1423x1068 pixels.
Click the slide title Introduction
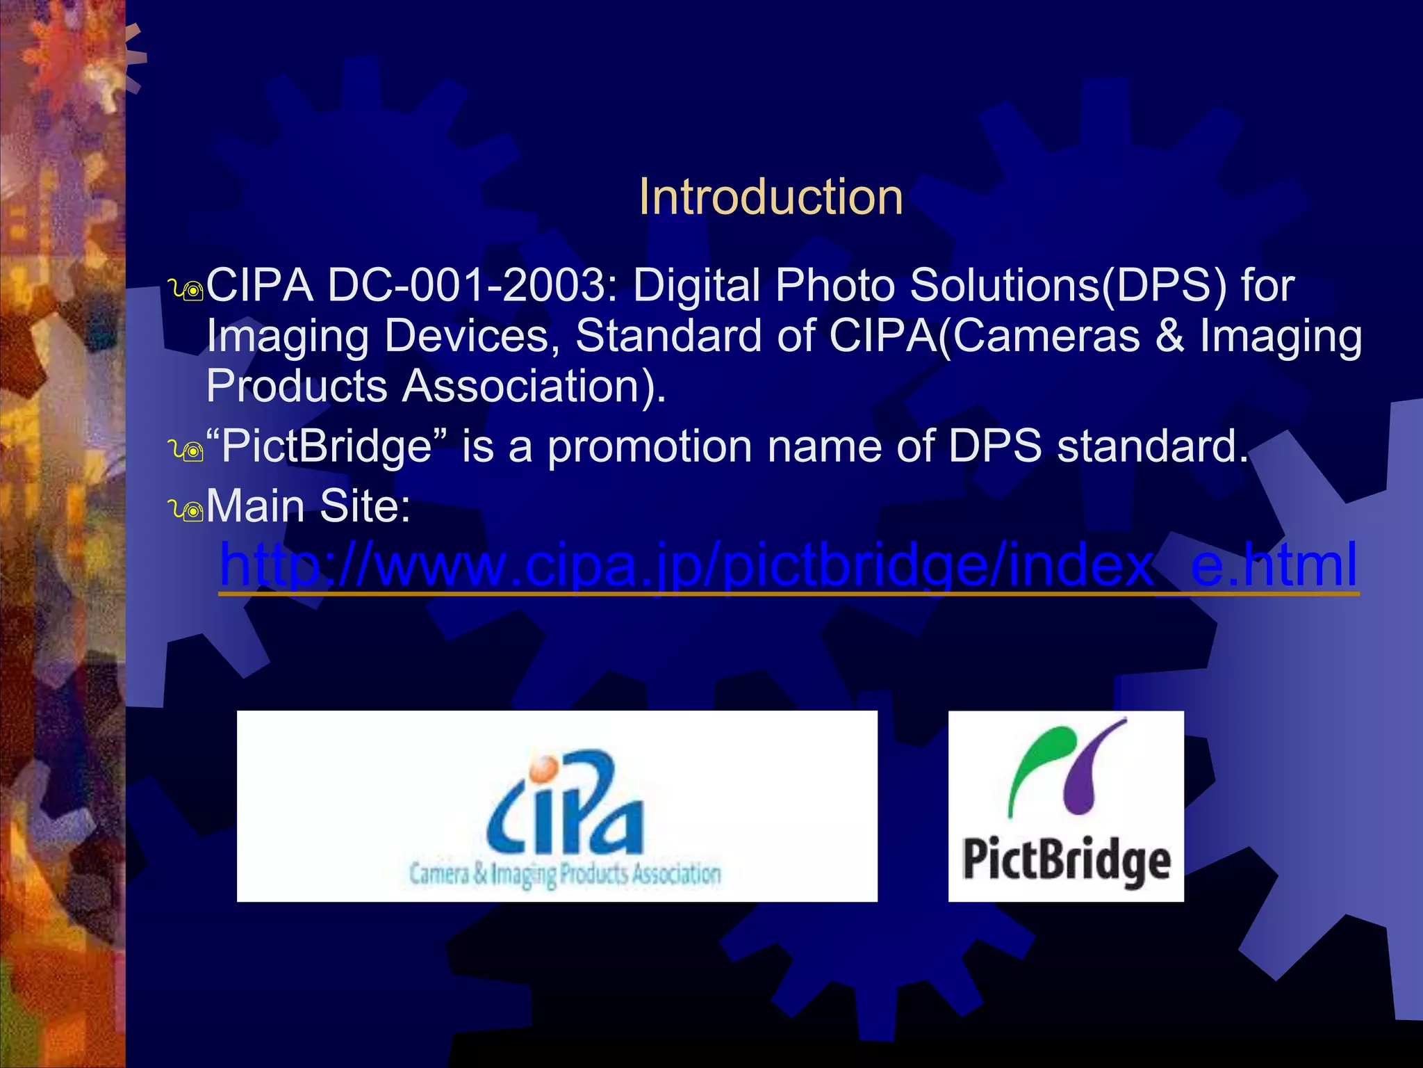coord(771,197)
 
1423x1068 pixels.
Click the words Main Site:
coord(309,505)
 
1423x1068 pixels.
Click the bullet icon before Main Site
coord(187,510)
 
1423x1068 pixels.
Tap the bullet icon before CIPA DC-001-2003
coord(187,290)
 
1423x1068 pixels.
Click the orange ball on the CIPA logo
coord(543,768)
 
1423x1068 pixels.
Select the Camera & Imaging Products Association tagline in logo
coord(564,874)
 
